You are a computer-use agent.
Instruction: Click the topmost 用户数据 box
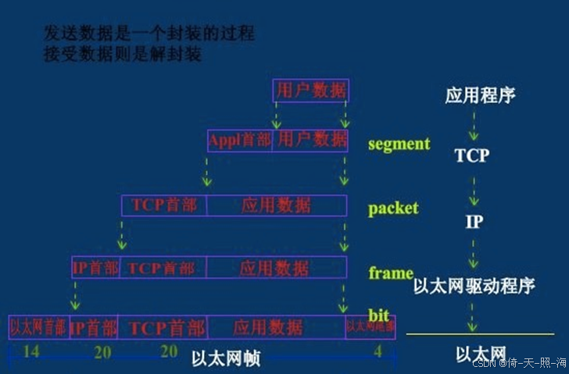(310, 91)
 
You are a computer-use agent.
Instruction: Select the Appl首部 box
(240, 141)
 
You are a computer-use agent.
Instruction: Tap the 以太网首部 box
(38, 326)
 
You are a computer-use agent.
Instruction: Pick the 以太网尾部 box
(370, 326)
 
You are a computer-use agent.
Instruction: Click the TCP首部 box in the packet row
(164, 205)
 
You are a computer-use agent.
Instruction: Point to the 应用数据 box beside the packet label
(277, 205)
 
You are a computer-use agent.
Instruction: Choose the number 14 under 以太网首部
(31, 351)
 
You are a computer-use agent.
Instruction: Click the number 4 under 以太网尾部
(378, 351)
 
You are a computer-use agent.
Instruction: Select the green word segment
(399, 144)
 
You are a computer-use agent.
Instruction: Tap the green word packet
(393, 208)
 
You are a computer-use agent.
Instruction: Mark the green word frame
(390, 272)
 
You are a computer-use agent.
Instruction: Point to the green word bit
(378, 315)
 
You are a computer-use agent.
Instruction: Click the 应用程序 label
(480, 96)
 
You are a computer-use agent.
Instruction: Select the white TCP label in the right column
(471, 155)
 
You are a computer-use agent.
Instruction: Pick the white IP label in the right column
(474, 222)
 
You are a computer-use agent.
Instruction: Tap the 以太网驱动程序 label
(474, 285)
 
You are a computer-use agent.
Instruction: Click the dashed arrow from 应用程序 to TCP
(473, 125)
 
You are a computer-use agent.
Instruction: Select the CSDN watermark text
(517, 365)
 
